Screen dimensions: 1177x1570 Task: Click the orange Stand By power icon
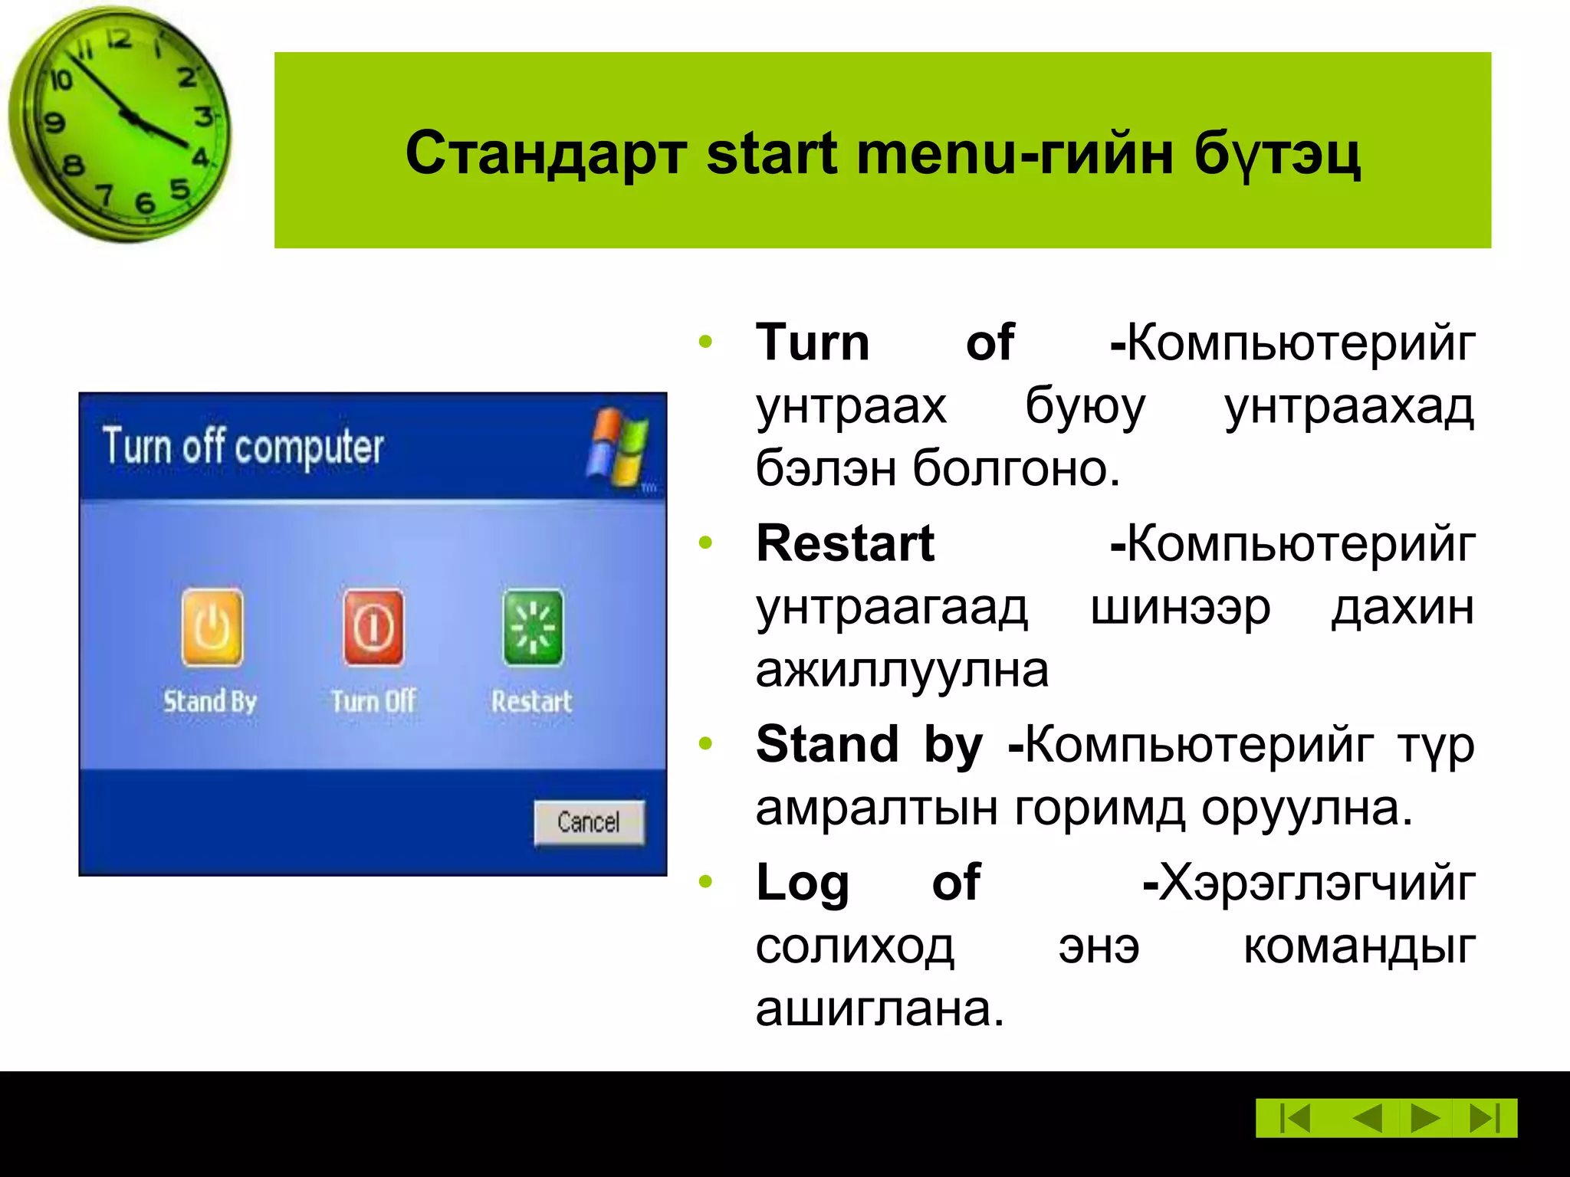pos(212,627)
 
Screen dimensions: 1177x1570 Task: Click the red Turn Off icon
pos(373,627)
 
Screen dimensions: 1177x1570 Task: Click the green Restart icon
pos(533,627)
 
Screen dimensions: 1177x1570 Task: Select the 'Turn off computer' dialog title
pos(243,447)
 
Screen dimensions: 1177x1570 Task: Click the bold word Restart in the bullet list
pos(845,543)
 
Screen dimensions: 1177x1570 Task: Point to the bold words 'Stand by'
pos(869,744)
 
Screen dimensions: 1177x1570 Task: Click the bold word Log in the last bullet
pos(803,883)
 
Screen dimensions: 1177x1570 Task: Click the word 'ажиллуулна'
pos(902,670)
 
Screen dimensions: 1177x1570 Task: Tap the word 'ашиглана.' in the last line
pos(879,1008)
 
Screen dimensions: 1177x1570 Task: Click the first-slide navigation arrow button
pos(1295,1118)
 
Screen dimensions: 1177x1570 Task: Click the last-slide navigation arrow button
pos(1485,1118)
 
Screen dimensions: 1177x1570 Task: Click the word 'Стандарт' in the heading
pos(545,153)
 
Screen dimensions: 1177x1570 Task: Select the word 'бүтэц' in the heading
pos(1277,153)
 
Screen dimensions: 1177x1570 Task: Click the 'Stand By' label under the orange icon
pos(209,701)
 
